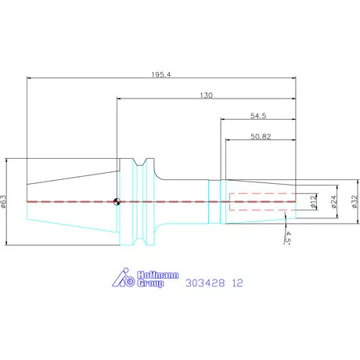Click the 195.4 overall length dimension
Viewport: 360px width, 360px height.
point(161,74)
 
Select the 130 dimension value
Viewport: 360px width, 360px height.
point(207,95)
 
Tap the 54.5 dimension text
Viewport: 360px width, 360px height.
point(258,116)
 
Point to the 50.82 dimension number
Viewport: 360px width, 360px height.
point(261,136)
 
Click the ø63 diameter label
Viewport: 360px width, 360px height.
point(3,201)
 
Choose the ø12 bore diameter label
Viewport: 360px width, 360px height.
point(314,201)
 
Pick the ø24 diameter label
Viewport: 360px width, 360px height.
point(334,201)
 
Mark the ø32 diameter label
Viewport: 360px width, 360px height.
point(355,201)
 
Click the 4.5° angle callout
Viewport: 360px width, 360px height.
point(287,237)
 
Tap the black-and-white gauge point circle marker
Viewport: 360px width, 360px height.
point(117,202)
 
